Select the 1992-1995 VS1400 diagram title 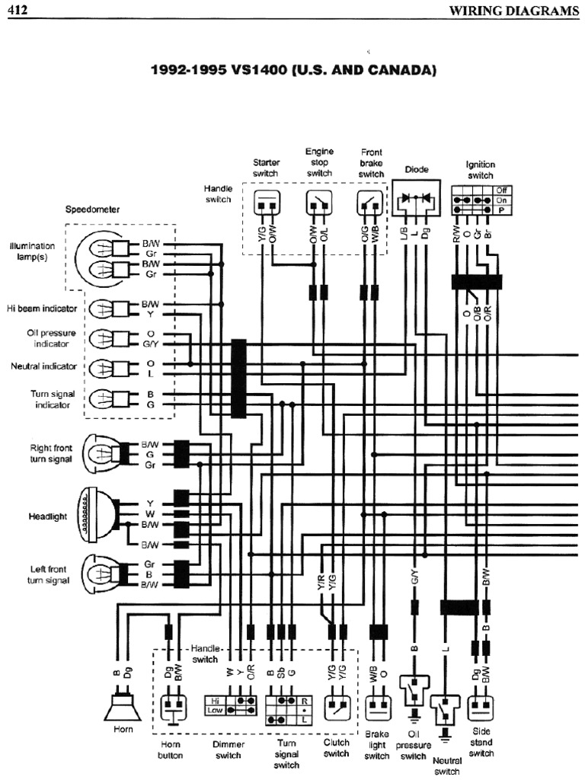(293, 70)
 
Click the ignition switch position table (481, 200)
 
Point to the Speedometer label (92, 208)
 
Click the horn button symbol (172, 707)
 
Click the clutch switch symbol (337, 706)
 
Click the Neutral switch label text (447, 766)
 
